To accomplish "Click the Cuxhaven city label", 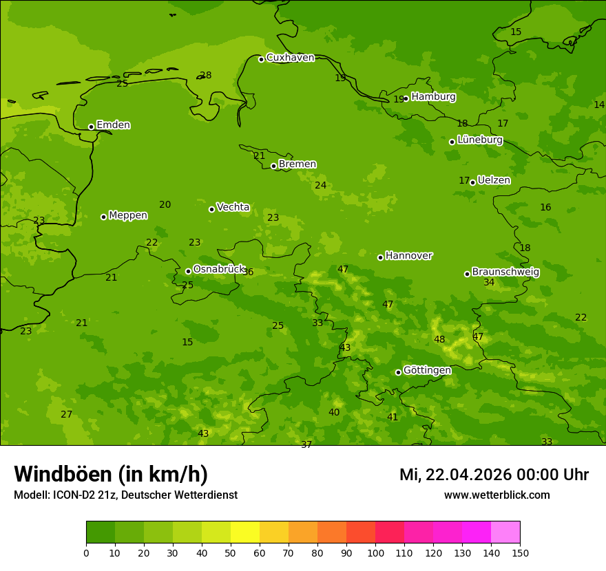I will tap(290, 58).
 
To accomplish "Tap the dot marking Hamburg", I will tap(406, 98).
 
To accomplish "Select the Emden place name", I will tap(113, 125).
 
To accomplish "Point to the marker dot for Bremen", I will tap(273, 166).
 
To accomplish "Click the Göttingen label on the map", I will tap(427, 371).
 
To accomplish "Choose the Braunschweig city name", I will tap(505, 272).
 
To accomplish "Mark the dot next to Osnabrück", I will tap(188, 271).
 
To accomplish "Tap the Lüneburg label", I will tap(479, 140).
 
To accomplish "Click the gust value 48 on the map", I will tap(439, 340).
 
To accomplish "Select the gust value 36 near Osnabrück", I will tap(248, 272).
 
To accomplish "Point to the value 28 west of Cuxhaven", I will tap(206, 76).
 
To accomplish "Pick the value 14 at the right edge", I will tap(599, 105).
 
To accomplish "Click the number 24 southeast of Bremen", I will tap(321, 186).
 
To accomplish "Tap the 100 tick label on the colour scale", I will tap(375, 552).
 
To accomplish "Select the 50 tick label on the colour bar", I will tap(231, 552).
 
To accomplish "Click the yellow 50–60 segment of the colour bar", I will tap(245, 532).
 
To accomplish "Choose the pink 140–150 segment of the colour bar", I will tap(505, 532).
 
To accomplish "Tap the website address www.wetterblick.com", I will tap(497, 495).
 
